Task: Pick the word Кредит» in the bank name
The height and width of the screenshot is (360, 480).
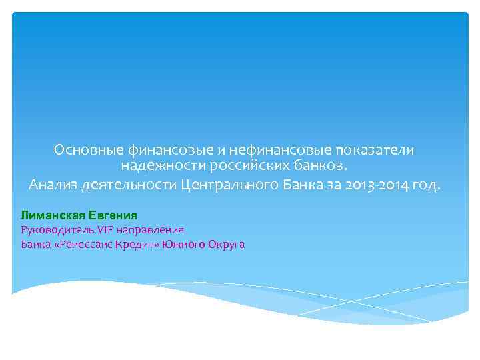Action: pyautogui.click(x=136, y=245)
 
